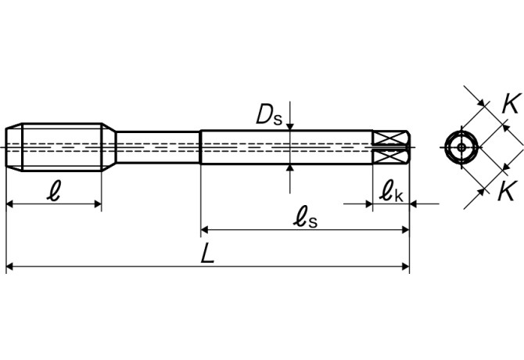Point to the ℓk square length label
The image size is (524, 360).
[x=392, y=191]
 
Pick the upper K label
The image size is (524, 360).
[x=509, y=103]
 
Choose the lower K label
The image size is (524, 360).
[x=508, y=189]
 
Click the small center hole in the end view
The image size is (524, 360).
[x=461, y=146]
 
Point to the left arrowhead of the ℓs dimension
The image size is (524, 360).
[x=206, y=229]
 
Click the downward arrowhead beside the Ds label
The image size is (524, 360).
[x=290, y=124]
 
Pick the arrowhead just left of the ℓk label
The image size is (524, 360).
[x=369, y=204]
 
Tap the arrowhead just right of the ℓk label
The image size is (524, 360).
[x=415, y=204]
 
